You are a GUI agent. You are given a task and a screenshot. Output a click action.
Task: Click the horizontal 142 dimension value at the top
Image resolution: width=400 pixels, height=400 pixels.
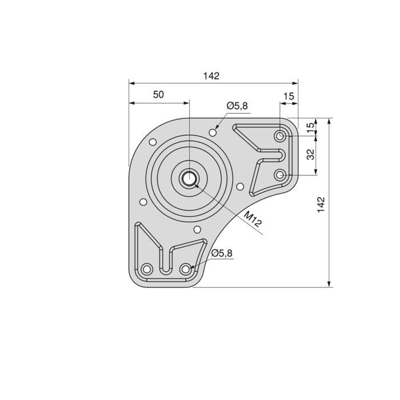[x=211, y=76]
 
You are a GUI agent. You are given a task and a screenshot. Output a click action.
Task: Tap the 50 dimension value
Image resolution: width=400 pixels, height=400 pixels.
[x=158, y=95]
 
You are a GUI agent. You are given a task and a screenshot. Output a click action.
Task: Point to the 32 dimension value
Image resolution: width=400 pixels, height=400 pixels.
[x=310, y=154]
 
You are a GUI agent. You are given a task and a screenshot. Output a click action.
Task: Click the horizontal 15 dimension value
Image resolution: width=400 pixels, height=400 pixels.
[x=289, y=97]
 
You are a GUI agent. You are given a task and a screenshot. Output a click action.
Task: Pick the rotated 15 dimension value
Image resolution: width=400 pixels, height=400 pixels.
[x=310, y=127]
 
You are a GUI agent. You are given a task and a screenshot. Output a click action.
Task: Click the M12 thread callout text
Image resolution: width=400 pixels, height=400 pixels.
[x=252, y=219]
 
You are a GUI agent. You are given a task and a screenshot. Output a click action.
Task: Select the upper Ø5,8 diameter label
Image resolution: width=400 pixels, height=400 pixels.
[x=237, y=106]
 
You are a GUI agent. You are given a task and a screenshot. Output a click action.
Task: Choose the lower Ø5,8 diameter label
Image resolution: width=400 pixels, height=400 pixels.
[x=222, y=254]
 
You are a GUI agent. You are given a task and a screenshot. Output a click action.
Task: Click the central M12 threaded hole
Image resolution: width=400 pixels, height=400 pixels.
[x=189, y=178]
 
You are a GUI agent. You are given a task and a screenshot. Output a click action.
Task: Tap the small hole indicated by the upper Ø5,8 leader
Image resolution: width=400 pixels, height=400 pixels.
[x=213, y=132]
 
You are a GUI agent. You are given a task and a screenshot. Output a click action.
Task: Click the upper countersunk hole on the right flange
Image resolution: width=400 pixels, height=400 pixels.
[x=280, y=137]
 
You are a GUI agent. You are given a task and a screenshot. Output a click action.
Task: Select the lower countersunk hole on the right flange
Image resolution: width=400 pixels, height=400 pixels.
[x=280, y=175]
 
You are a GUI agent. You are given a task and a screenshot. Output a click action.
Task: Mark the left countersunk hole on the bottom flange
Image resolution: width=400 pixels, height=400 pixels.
[x=147, y=269]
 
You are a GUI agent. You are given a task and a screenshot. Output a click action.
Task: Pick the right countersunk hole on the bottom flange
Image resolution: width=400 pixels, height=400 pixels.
[x=185, y=269]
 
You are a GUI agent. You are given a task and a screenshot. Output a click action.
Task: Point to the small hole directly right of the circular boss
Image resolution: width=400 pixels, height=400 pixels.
[x=240, y=186]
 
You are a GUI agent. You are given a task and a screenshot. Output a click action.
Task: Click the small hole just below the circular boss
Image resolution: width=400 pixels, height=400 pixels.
[x=197, y=230]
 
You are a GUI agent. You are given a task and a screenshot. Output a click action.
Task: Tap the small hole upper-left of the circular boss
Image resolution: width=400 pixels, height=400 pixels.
[x=153, y=142]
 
